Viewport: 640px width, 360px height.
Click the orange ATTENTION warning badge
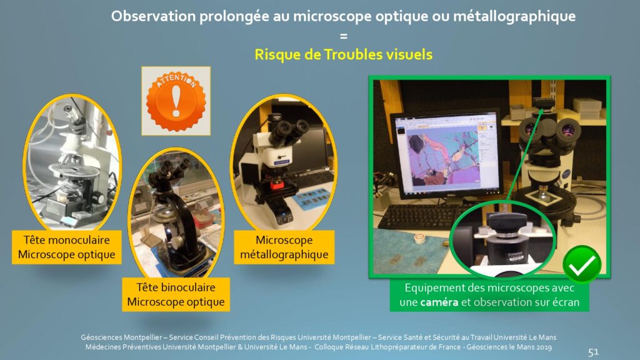176,101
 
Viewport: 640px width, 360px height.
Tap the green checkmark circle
582,264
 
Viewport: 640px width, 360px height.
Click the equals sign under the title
344,36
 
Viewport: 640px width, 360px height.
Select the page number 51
593,351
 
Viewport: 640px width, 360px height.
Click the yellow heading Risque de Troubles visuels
343,54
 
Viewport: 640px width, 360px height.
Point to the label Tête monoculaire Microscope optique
66,247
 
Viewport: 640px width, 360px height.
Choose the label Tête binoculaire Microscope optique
176,294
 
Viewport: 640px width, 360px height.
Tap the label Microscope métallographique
284,247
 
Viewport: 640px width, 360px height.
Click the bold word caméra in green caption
439,302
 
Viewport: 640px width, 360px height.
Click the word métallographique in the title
514,16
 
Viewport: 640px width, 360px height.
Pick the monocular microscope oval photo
72,162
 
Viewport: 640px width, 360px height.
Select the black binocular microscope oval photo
176,213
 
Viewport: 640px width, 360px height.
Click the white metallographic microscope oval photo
284,162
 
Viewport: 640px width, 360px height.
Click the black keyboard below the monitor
421,216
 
